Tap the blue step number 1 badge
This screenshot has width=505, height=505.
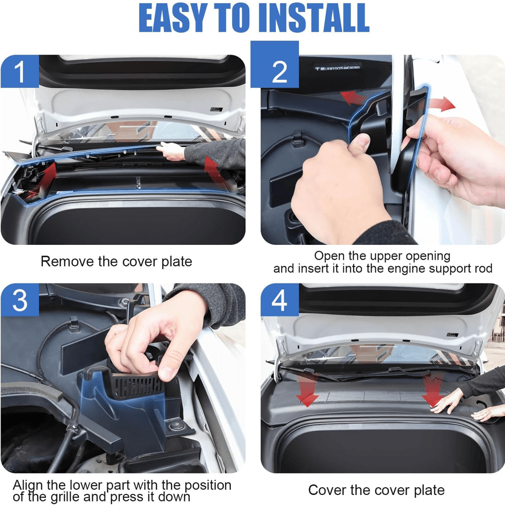(x=19, y=72)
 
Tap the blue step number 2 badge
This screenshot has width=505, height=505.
(x=279, y=72)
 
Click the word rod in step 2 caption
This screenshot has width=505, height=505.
(x=482, y=268)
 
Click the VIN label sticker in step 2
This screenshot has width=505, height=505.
(x=338, y=68)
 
